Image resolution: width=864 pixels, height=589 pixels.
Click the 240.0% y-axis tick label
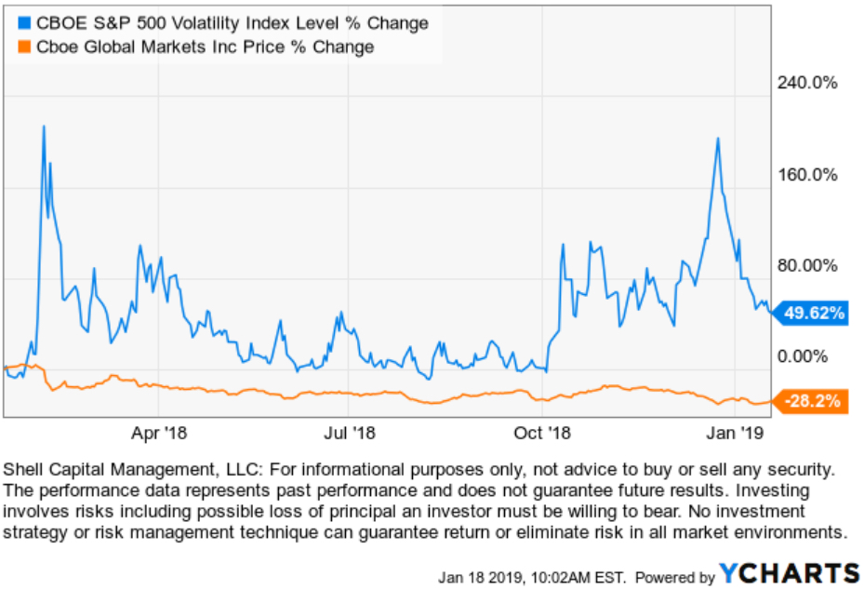click(x=807, y=83)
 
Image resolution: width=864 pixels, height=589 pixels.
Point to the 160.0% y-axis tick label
click(x=807, y=174)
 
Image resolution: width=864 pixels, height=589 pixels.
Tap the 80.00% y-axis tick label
click(x=807, y=265)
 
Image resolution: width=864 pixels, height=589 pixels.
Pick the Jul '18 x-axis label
click(x=351, y=433)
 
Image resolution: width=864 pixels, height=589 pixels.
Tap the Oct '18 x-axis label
click(x=541, y=433)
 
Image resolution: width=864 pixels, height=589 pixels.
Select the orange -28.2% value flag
click(x=812, y=402)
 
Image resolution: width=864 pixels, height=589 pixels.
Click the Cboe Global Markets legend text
click(x=204, y=47)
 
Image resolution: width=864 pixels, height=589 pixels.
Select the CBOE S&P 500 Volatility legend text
click(x=231, y=22)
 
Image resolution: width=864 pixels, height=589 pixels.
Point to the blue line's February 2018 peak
click(x=43, y=126)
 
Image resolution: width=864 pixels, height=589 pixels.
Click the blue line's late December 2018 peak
click(x=717, y=139)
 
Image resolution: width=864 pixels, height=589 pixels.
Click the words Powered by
click(x=675, y=575)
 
